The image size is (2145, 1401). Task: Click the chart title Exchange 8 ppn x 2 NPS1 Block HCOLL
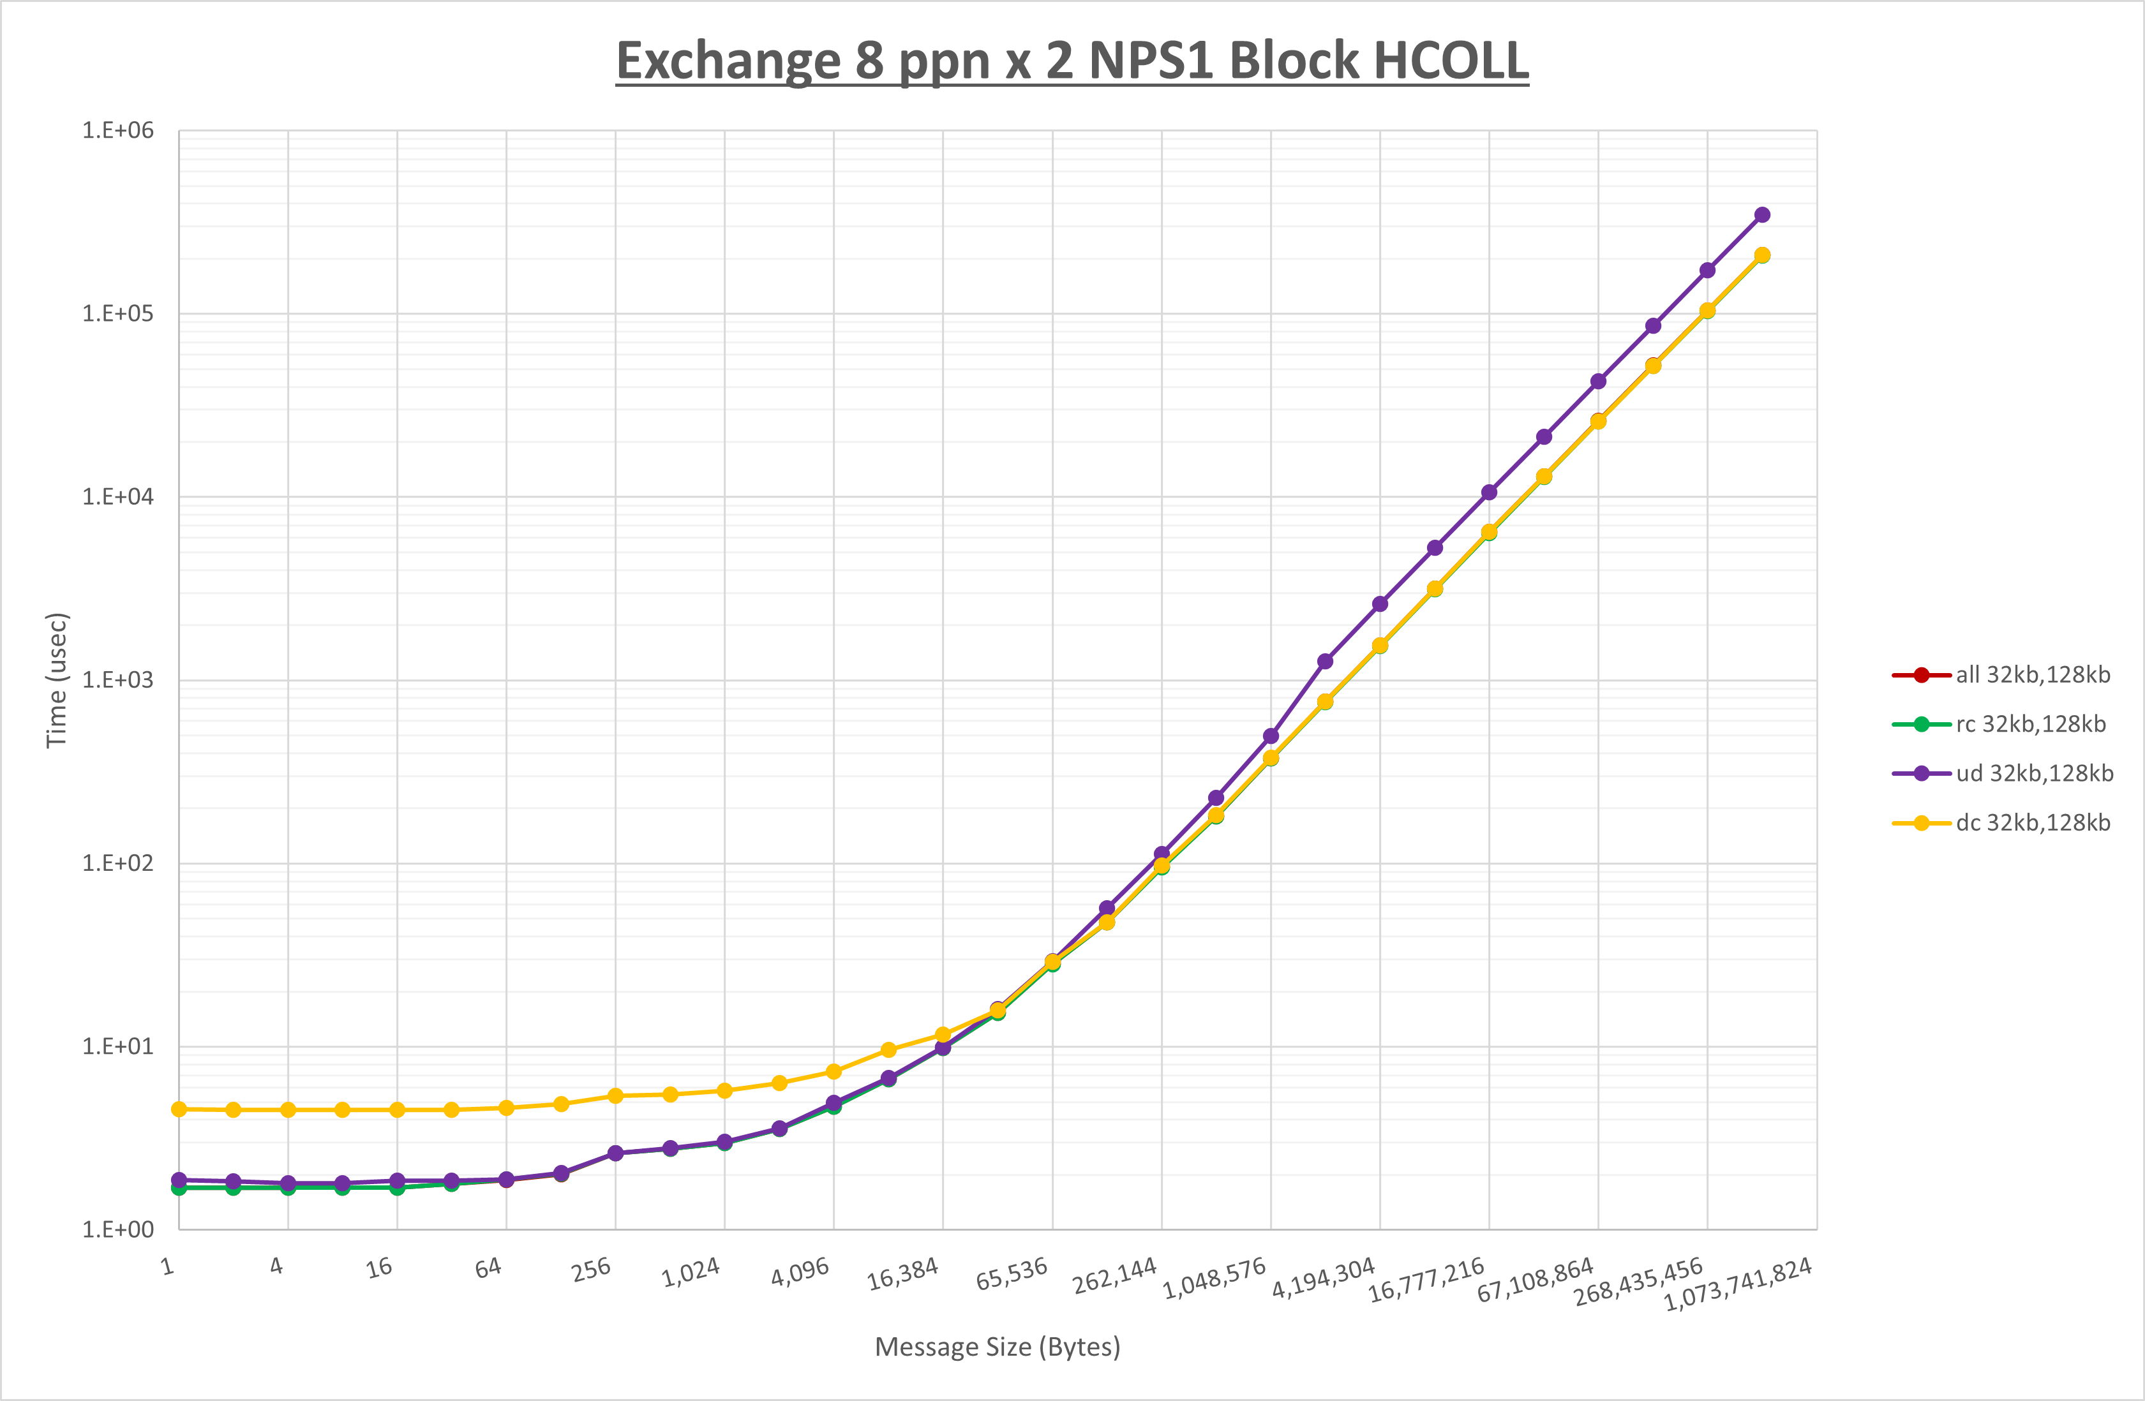click(1072, 61)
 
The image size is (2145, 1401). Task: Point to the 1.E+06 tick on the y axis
click(118, 131)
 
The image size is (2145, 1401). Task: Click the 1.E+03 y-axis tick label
click(118, 680)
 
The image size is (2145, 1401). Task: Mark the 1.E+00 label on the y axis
click(118, 1230)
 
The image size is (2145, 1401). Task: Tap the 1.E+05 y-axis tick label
click(118, 313)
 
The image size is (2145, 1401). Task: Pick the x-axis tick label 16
click(380, 1268)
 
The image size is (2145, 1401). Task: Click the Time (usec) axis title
click(57, 680)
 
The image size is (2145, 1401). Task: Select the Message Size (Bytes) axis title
click(998, 1347)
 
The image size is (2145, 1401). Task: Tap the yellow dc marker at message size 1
click(179, 1109)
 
